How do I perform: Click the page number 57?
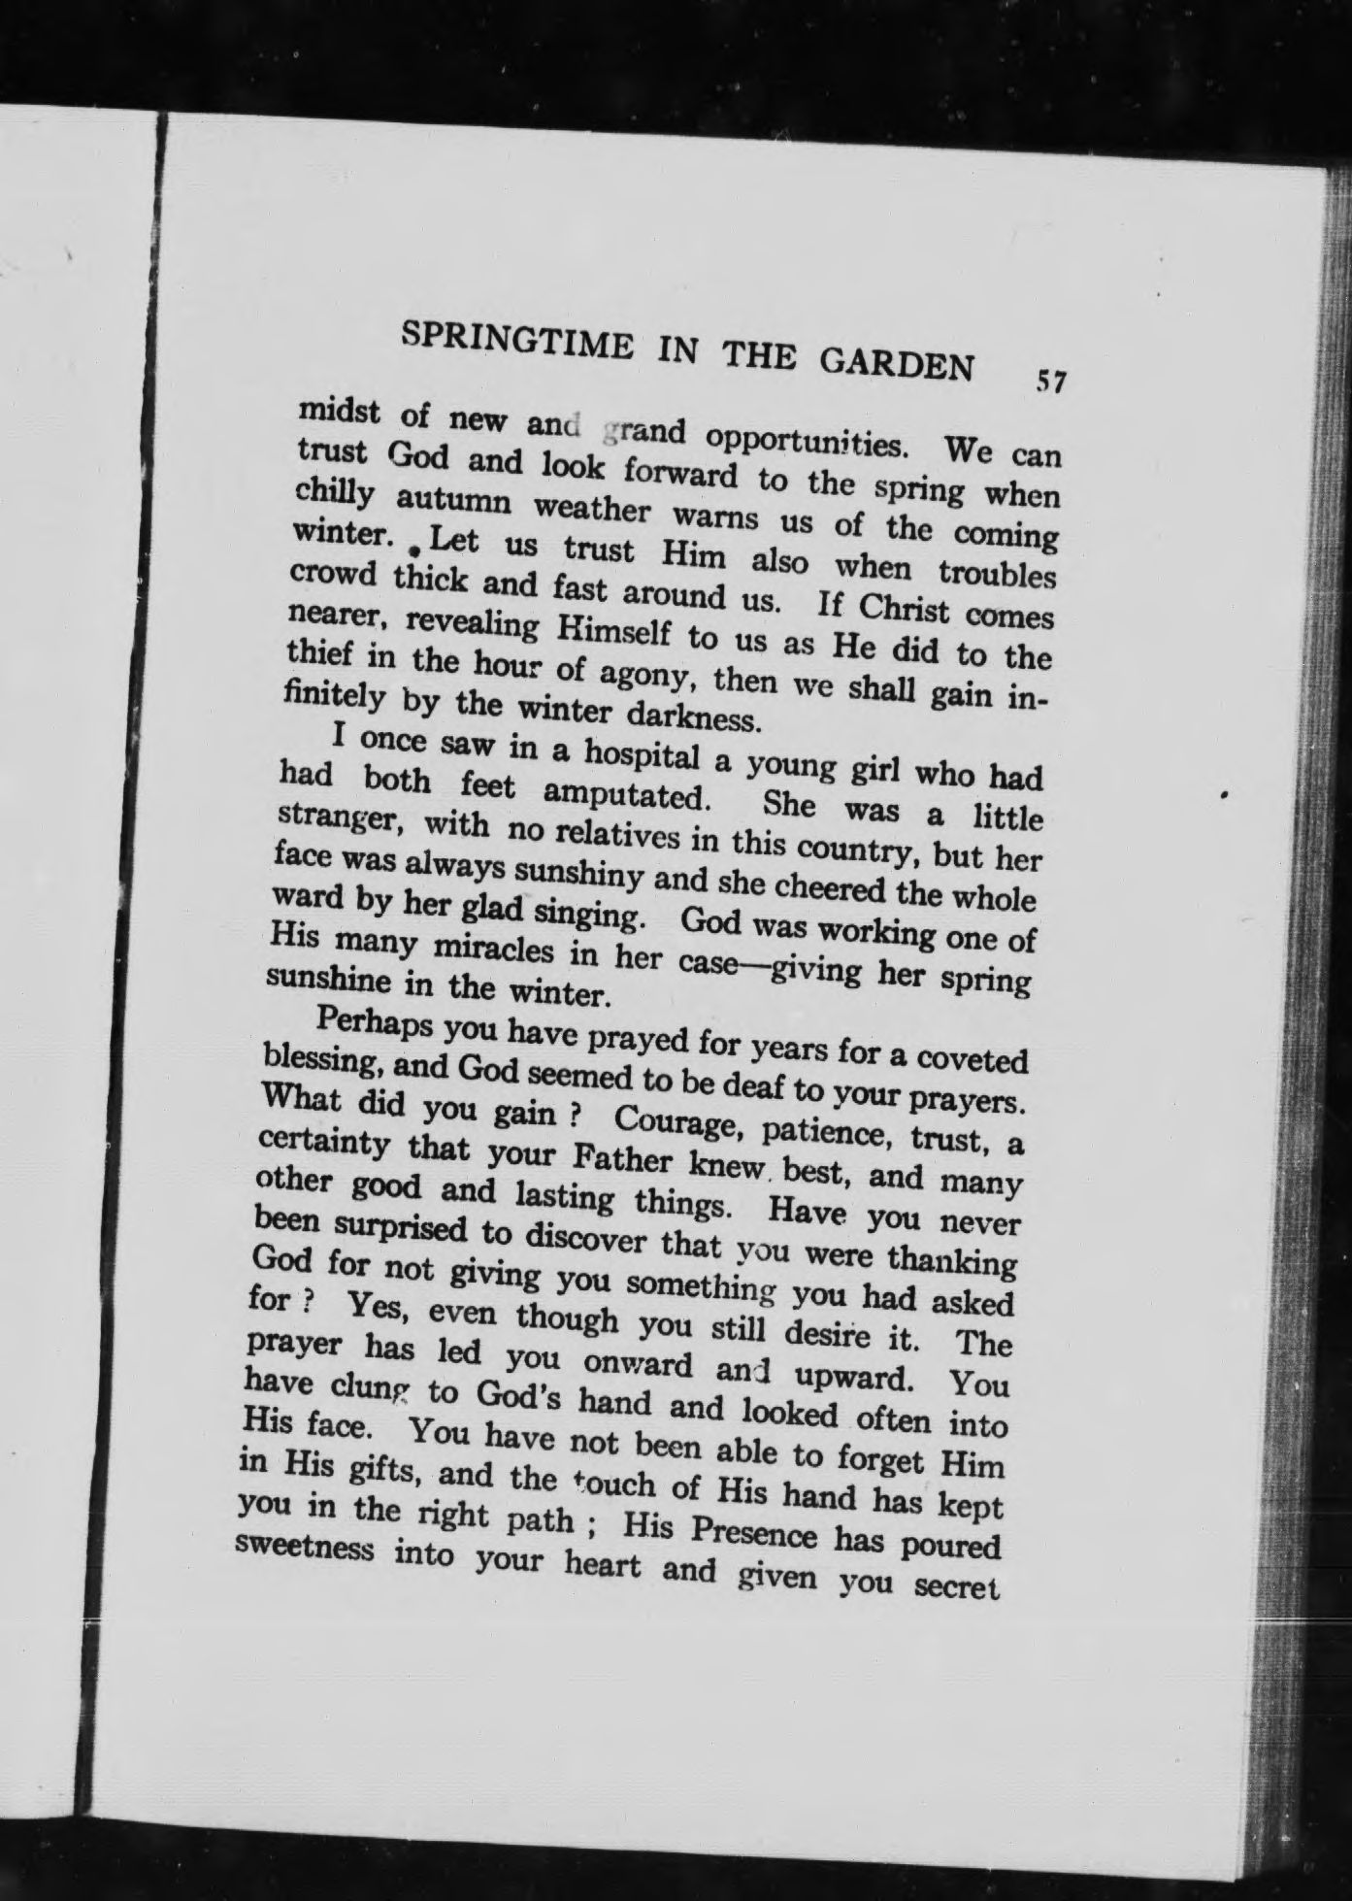(1051, 381)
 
